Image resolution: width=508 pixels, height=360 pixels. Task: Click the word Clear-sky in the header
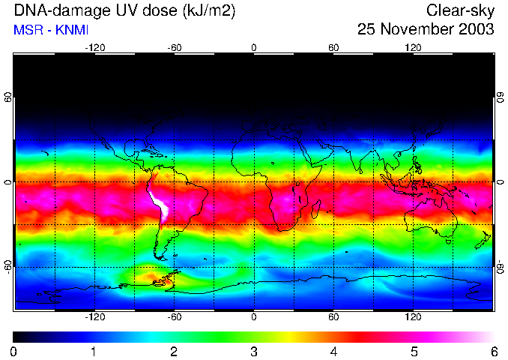460,10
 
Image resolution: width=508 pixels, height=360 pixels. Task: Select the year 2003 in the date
474,30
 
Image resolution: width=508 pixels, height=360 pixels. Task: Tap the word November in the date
416,30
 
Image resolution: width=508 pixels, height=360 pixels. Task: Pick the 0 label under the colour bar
13,351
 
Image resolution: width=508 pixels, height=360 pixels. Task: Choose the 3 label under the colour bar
253,351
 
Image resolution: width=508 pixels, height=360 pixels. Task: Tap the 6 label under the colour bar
493,351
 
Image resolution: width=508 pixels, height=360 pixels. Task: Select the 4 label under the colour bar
333,351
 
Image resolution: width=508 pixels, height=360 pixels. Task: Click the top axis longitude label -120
94,47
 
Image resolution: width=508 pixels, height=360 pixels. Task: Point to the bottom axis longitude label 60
333,317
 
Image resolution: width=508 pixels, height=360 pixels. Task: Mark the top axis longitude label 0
253,47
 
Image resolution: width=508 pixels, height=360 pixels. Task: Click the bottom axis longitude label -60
174,317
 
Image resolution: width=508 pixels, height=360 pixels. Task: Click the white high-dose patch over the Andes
160,204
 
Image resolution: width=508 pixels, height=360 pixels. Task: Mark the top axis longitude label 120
413,47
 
